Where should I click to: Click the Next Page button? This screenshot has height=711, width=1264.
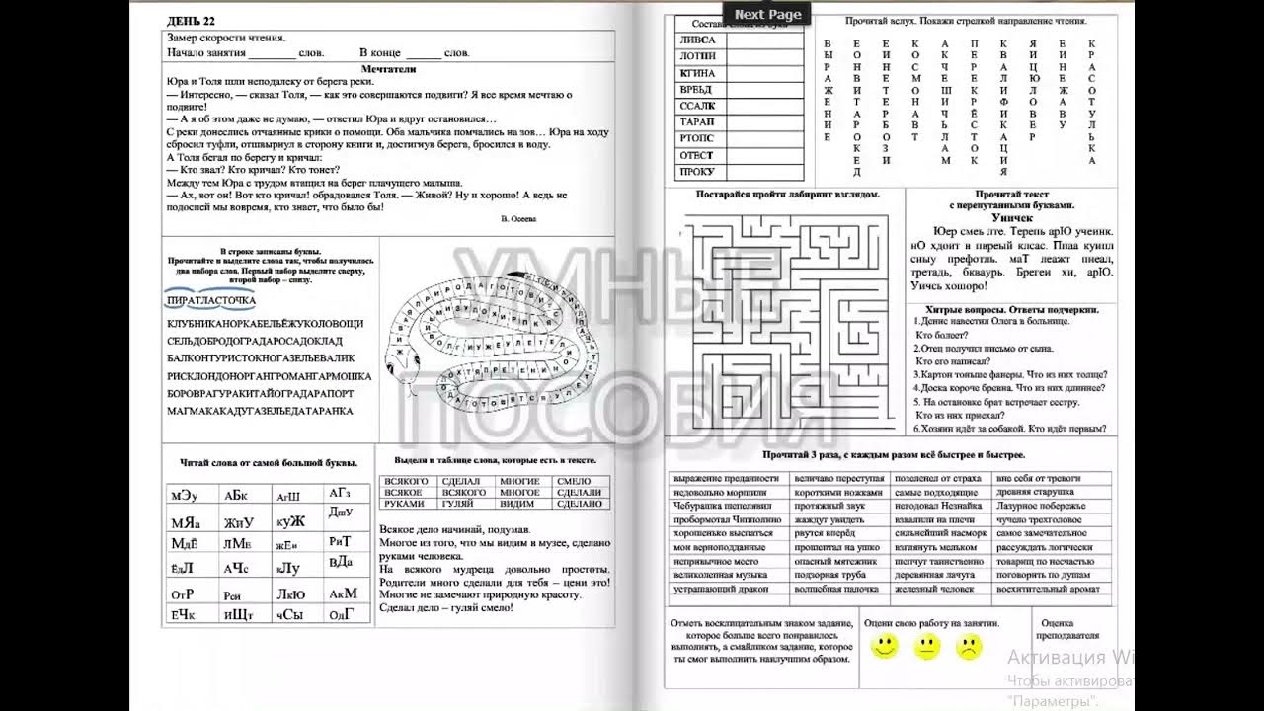point(768,14)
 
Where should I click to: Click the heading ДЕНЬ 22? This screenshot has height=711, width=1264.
point(192,20)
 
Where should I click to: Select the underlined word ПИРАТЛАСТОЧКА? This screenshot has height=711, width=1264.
point(211,300)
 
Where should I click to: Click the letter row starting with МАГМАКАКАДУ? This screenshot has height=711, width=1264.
point(260,411)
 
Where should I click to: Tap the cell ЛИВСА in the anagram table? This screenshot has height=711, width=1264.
point(697,40)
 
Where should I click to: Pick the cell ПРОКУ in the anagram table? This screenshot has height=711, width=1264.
point(697,172)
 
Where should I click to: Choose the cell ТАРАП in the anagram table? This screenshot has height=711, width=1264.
point(697,121)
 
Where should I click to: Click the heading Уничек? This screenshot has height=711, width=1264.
point(1012,217)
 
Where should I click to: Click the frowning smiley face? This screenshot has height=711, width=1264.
point(969,648)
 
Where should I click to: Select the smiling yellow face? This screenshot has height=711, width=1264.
point(885,648)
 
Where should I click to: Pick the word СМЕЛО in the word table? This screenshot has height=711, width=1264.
point(574,481)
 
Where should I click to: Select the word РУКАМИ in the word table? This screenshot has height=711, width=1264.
point(404,504)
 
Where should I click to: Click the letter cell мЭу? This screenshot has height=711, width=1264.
point(185,496)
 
